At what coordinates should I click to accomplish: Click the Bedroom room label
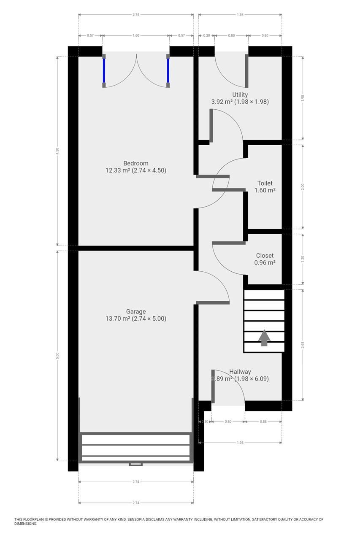(x=135, y=163)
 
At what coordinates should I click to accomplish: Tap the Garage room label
(x=135, y=312)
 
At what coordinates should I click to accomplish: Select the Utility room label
(x=240, y=94)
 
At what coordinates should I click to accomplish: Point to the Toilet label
(x=265, y=183)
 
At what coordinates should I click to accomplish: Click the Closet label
(x=265, y=255)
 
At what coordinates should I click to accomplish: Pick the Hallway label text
(x=240, y=372)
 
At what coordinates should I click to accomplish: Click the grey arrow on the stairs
(x=264, y=338)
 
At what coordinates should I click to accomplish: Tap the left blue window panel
(x=104, y=70)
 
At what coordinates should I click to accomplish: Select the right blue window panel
(x=168, y=70)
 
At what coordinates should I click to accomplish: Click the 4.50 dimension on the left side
(x=57, y=151)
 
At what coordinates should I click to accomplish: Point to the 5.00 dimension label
(x=57, y=356)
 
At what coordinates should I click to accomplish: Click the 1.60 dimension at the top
(x=135, y=35)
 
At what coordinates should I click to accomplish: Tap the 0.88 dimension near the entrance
(x=263, y=421)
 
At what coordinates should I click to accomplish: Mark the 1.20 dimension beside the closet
(x=302, y=259)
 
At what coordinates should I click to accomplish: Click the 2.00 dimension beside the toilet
(x=302, y=187)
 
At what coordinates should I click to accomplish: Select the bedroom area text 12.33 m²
(x=118, y=170)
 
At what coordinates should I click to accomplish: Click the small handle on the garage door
(x=135, y=464)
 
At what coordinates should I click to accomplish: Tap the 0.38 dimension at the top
(x=206, y=35)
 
